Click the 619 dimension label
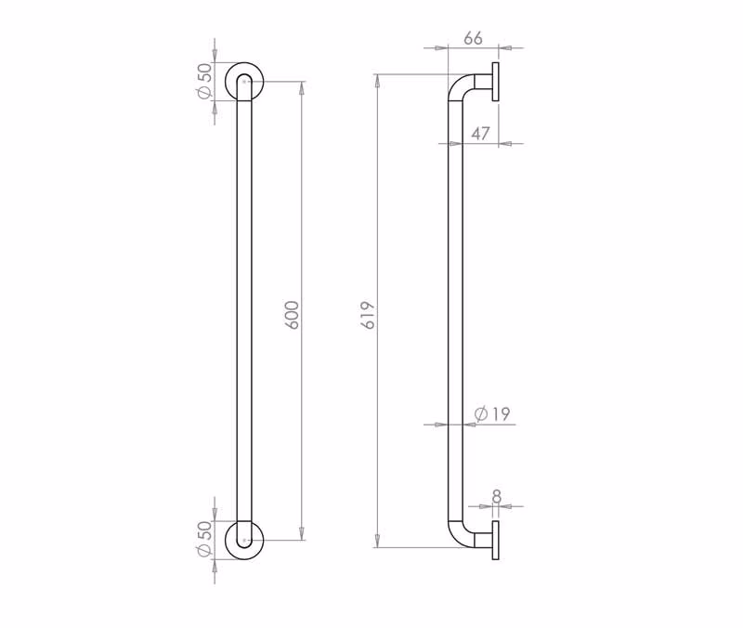pyautogui.click(x=368, y=315)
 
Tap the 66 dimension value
pyautogui.click(x=473, y=38)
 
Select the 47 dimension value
pyautogui.click(x=480, y=134)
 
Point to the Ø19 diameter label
pyautogui.click(x=492, y=414)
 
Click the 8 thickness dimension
pyautogui.click(x=497, y=497)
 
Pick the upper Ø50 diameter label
pyautogui.click(x=204, y=81)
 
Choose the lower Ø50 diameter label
pyautogui.click(x=204, y=539)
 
